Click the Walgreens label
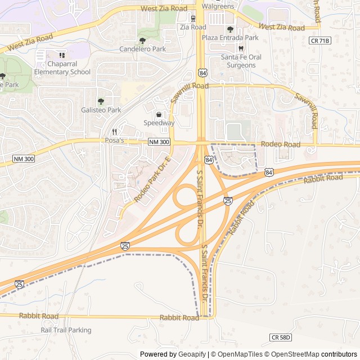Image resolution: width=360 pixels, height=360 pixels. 218,6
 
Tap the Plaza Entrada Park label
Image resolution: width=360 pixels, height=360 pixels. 230,38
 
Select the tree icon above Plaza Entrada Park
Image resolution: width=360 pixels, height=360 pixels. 230,29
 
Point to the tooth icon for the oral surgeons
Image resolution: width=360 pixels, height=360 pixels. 240,48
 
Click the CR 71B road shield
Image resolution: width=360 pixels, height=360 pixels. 319,40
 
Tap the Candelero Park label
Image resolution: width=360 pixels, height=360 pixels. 142,49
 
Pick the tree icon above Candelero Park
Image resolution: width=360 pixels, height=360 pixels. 142,40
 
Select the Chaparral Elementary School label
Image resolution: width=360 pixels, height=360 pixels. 62,68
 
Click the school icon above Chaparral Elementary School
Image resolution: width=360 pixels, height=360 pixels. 62,55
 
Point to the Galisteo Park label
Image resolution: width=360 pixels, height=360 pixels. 101,110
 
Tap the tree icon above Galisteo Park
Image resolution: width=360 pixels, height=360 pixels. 101,101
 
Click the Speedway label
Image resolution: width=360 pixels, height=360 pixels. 159,123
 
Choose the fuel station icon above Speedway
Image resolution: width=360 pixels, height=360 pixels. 159,114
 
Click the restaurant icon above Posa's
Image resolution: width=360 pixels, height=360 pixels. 114,132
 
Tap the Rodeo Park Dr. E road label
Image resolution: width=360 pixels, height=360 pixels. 152,180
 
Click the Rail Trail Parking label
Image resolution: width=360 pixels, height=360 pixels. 66,330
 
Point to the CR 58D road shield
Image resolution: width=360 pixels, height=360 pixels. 281,337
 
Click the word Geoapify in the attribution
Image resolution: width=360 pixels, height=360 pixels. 192,354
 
